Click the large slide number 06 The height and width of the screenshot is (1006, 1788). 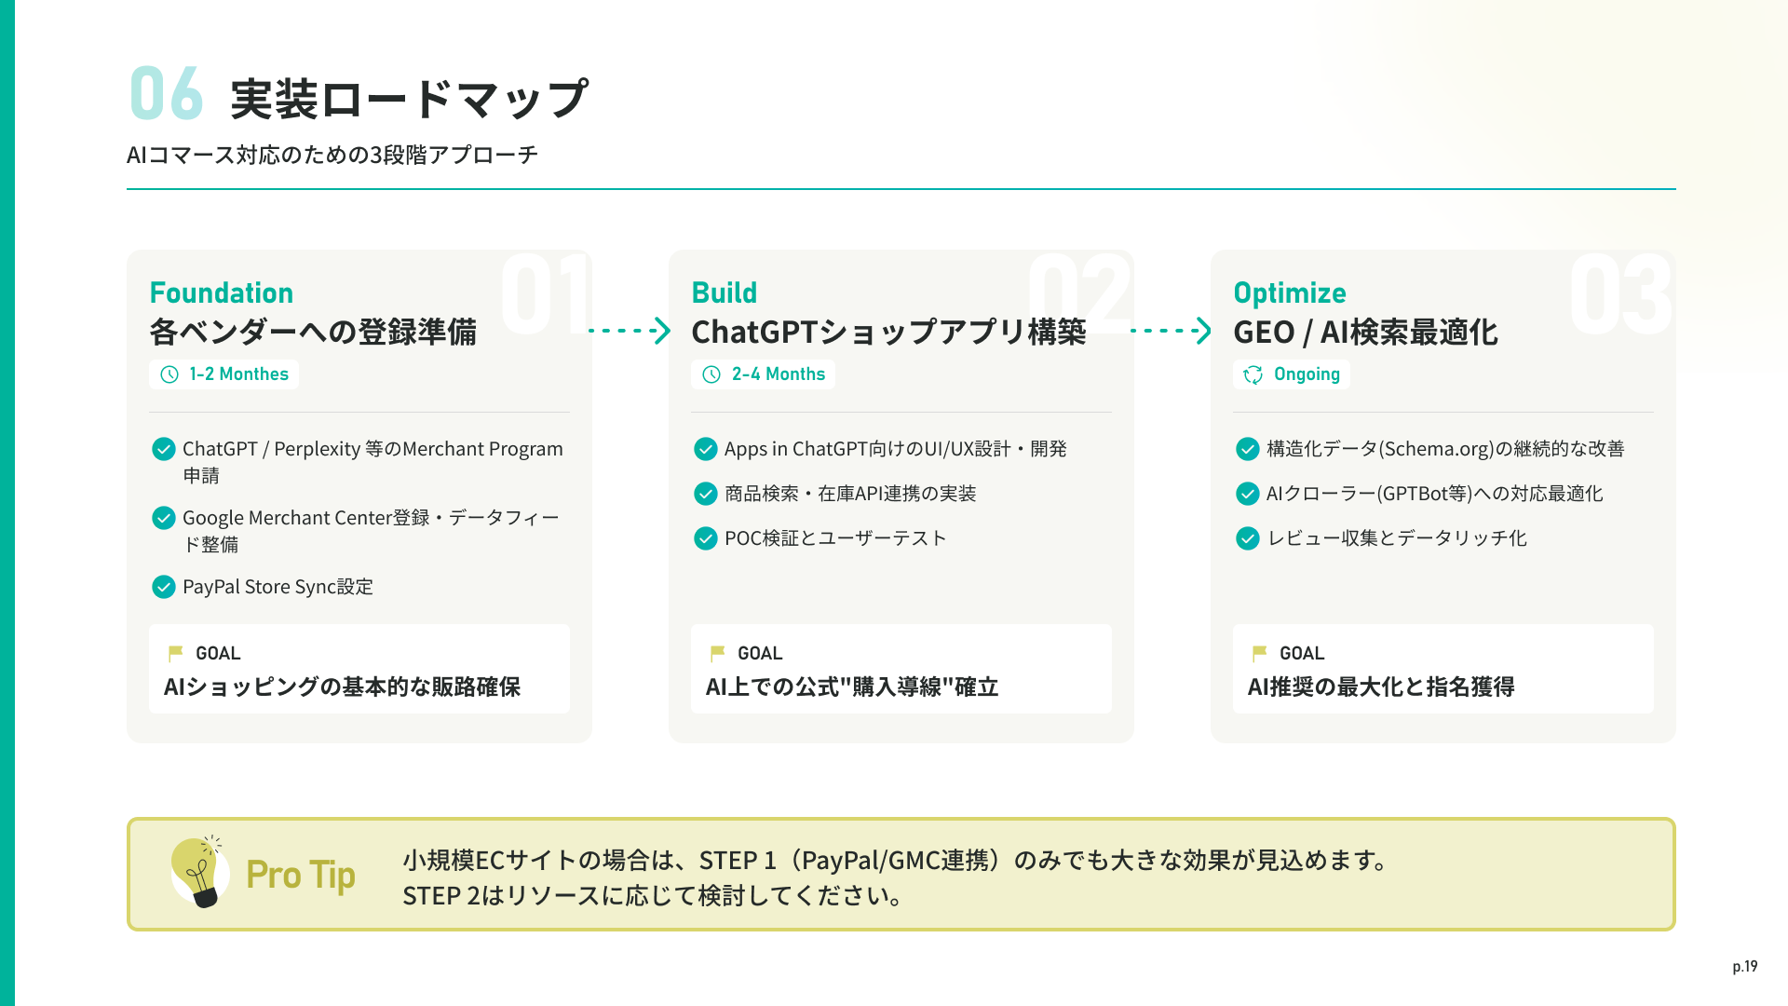(x=166, y=94)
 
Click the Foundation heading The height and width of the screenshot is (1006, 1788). (x=222, y=292)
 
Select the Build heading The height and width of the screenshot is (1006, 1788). (x=724, y=292)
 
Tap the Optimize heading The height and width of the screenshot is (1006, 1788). (x=1289, y=292)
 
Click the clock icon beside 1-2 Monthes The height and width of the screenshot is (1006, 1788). (x=169, y=374)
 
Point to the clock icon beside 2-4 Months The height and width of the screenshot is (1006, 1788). (x=711, y=374)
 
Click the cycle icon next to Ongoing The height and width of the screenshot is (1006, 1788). (x=1253, y=374)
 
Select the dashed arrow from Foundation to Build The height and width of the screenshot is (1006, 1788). (x=630, y=331)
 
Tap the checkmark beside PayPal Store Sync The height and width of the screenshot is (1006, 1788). (x=164, y=587)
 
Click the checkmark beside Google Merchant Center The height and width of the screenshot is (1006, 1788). (x=164, y=518)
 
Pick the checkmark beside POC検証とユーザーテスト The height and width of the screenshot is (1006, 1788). (x=706, y=538)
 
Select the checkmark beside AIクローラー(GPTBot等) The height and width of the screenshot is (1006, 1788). (x=1248, y=494)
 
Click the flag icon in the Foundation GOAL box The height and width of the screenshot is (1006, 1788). (x=175, y=653)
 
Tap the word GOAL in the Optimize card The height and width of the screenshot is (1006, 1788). (x=1301, y=653)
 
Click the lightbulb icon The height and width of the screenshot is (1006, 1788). (x=199, y=872)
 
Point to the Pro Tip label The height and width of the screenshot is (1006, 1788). (x=301, y=875)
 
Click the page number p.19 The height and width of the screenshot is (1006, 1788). (x=1744, y=966)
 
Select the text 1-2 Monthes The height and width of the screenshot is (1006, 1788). (x=238, y=374)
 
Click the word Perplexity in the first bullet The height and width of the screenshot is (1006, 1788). (x=317, y=449)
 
